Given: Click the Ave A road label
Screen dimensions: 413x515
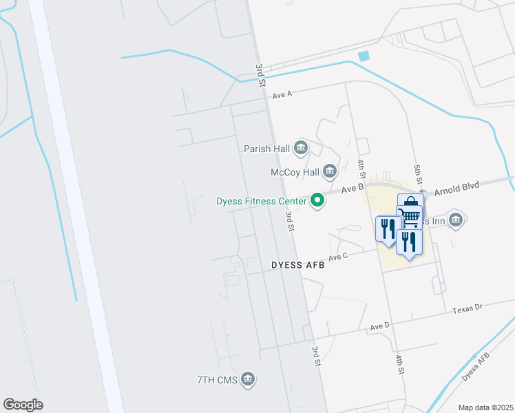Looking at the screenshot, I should [282, 95].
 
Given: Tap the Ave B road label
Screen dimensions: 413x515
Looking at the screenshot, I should [352, 188].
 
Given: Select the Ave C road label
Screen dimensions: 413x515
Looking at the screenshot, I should [340, 257].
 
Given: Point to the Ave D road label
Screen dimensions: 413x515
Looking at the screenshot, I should [380, 326].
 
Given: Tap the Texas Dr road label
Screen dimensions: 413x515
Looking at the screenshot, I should [468, 310].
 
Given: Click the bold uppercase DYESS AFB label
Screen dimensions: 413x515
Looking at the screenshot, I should [297, 264].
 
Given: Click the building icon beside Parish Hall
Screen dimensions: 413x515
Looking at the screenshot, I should [300, 147].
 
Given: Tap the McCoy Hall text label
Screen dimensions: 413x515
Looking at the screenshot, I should [295, 171].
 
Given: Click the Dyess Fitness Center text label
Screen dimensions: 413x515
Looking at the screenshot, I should [261, 201].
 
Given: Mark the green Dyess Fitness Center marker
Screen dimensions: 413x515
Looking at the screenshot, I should [317, 201].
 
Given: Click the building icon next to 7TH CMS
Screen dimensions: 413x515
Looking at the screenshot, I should [249, 379].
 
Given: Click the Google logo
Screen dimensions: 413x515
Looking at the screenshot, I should [23, 405].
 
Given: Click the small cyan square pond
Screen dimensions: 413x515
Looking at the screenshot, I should [364, 56].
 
